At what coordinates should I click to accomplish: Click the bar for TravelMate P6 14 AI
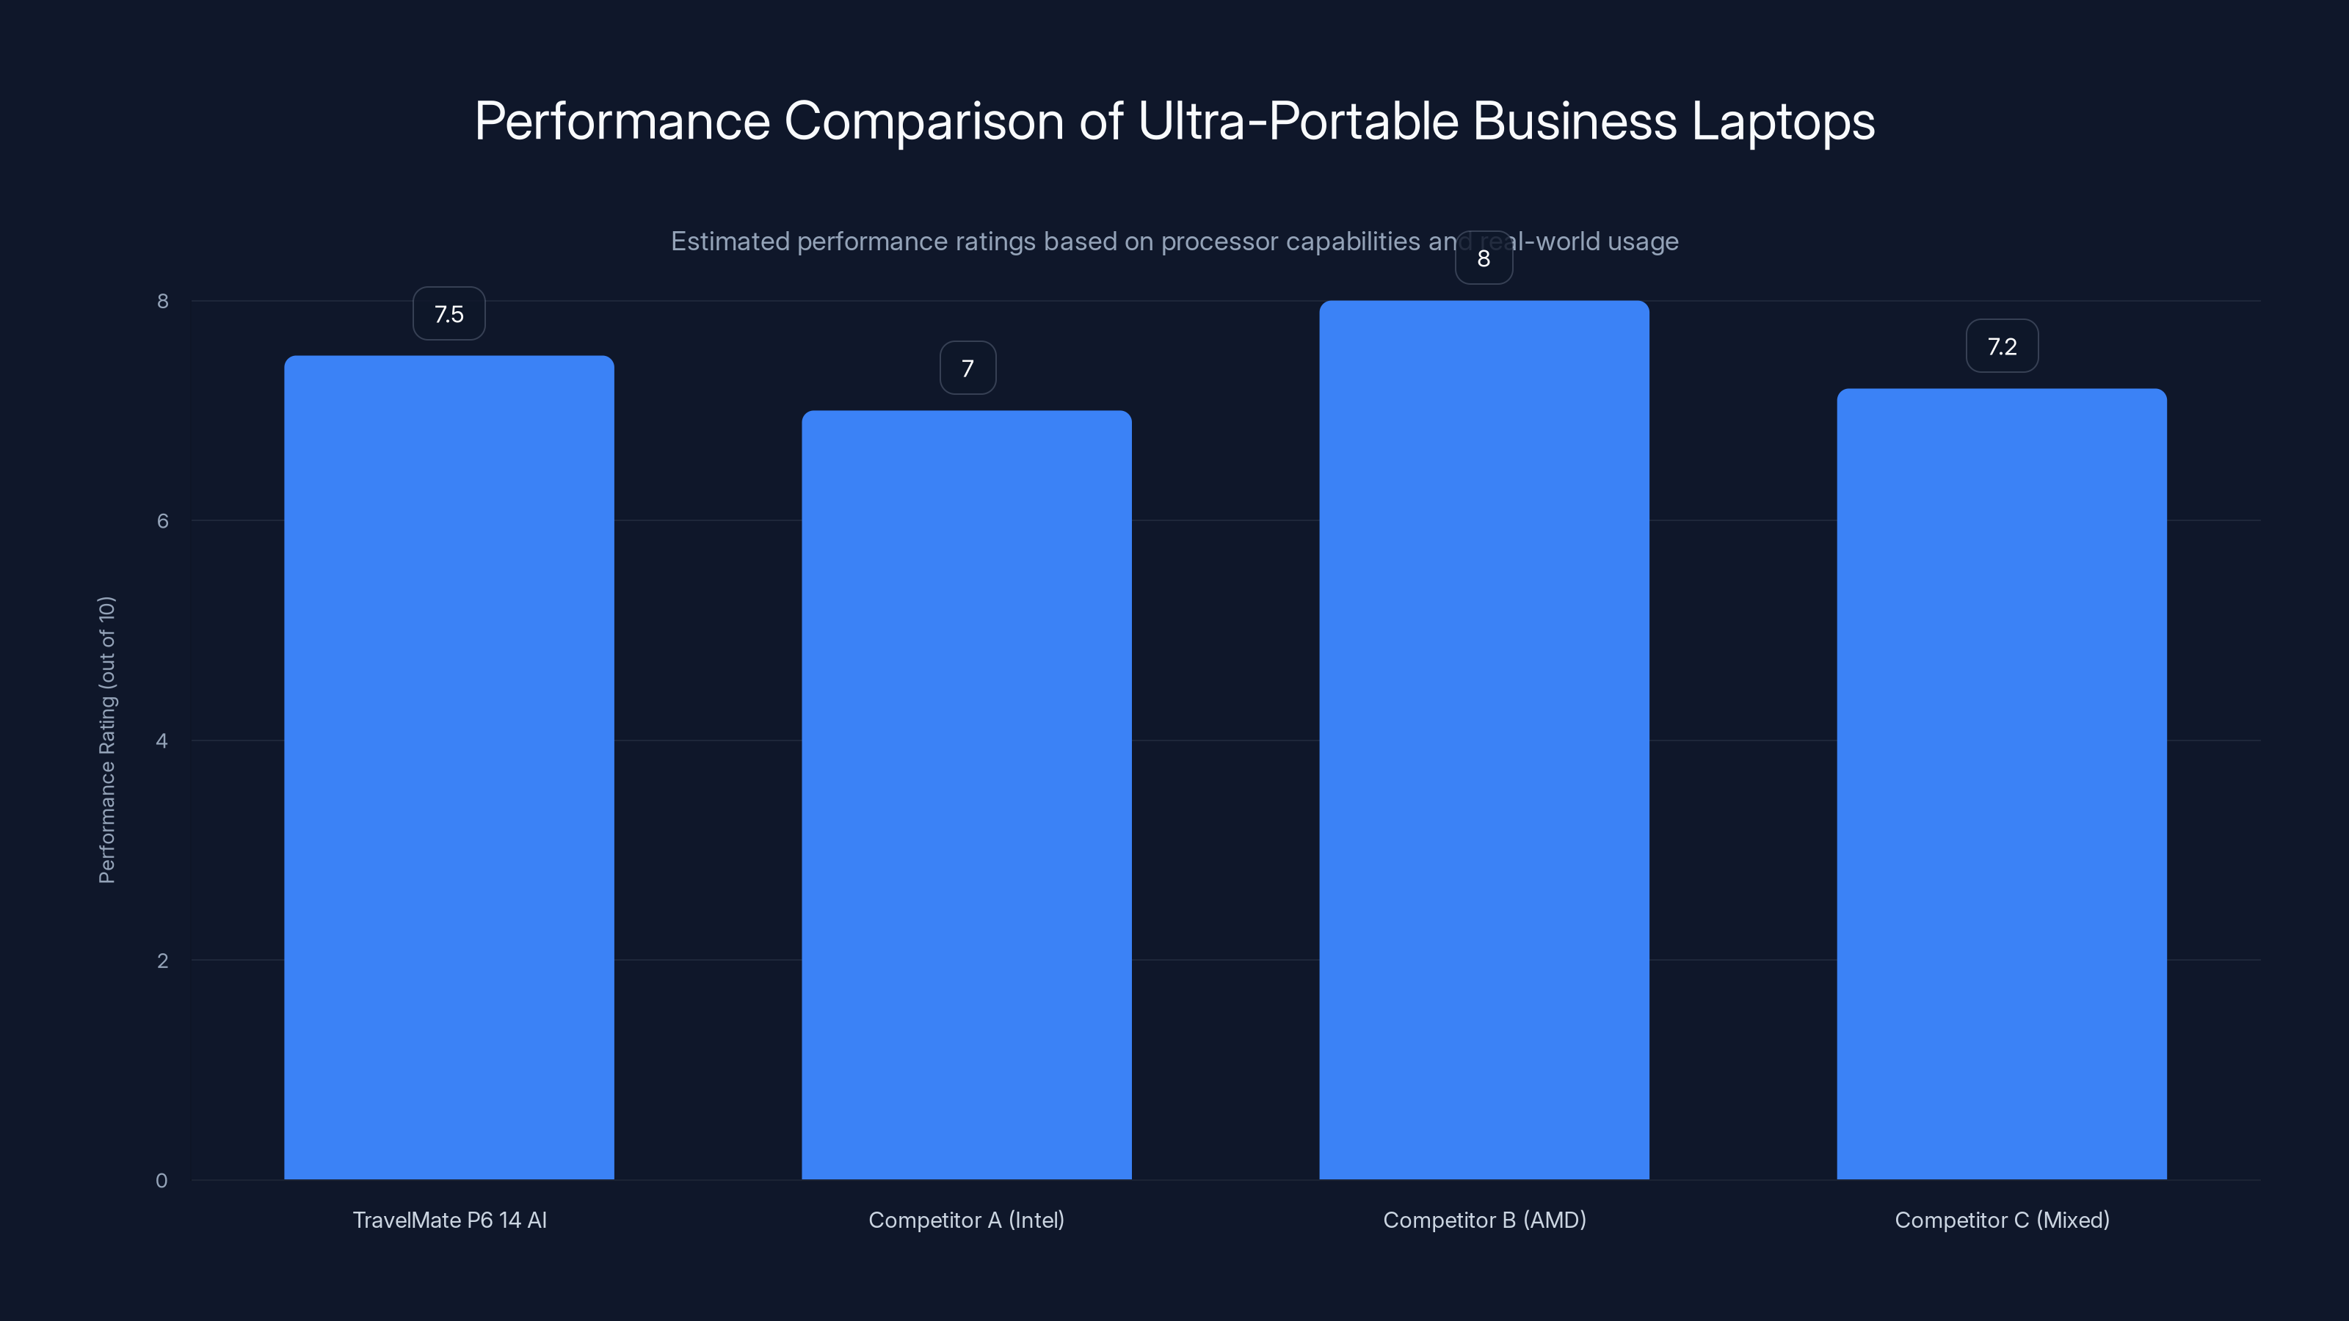[449, 767]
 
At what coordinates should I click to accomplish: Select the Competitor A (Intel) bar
[967, 794]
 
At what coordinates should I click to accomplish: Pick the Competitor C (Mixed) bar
[2002, 783]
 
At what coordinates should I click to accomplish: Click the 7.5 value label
[449, 313]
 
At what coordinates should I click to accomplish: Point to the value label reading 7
[967, 368]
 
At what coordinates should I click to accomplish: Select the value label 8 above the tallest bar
[1484, 259]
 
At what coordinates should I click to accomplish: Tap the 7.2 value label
[2002, 346]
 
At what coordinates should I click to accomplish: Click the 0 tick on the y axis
[161, 1181]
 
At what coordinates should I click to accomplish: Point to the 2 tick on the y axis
[162, 961]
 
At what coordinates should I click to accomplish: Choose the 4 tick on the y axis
[162, 741]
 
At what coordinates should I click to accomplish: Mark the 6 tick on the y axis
[162, 520]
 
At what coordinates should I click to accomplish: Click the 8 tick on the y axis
[162, 301]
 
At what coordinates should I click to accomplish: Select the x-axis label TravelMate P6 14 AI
[449, 1220]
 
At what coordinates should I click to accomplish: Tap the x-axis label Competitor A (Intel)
[967, 1220]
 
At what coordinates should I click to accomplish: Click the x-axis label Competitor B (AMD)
[1484, 1220]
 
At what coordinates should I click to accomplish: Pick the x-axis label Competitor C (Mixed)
[2002, 1220]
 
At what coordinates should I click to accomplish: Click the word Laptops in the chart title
[1783, 121]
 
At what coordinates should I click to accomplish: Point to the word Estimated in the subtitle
[730, 241]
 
